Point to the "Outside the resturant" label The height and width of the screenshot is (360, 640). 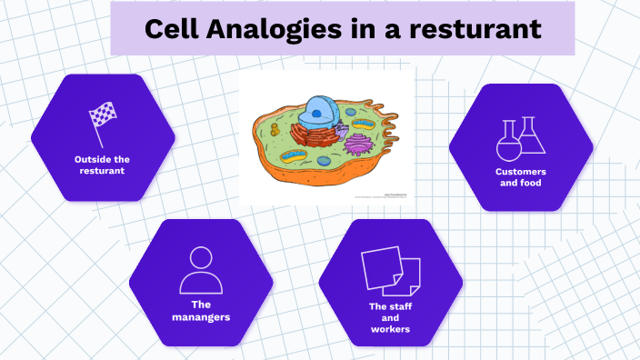point(102,165)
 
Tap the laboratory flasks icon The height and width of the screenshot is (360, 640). point(520,137)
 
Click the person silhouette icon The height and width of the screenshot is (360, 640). point(201,270)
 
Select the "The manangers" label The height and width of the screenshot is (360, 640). point(201,310)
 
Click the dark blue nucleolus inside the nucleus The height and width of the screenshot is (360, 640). point(315,115)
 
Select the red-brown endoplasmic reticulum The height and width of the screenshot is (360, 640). point(314,137)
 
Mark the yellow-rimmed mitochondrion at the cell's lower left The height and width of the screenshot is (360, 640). point(294,155)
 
